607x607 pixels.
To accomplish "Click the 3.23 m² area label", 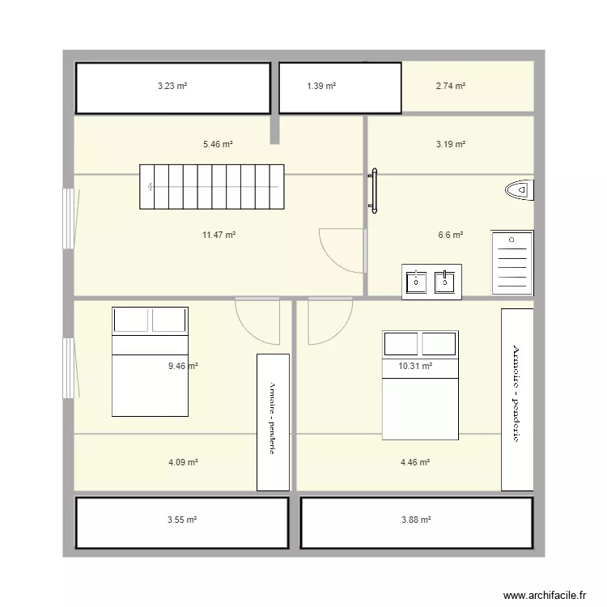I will point(172,85).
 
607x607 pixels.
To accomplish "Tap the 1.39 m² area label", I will point(321,85).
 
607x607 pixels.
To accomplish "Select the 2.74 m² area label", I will point(450,85).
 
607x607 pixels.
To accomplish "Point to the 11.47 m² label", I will point(219,235).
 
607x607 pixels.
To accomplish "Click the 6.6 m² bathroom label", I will point(450,235).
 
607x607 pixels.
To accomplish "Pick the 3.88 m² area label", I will point(415,520).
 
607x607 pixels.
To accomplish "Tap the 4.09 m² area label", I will point(183,462).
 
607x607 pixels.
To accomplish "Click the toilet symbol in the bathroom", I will point(519,190).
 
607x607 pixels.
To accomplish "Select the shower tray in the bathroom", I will point(512,263).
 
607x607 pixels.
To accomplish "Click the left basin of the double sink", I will point(416,282).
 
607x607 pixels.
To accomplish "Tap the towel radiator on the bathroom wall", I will point(374,191).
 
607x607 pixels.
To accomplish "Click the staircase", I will point(212,187).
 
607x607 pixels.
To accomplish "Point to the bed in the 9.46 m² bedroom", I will point(150,362).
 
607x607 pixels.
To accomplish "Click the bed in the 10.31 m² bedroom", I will point(419,384).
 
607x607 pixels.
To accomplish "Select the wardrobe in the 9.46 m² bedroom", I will point(273,422).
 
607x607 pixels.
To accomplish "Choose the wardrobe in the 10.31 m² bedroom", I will point(517,399).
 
